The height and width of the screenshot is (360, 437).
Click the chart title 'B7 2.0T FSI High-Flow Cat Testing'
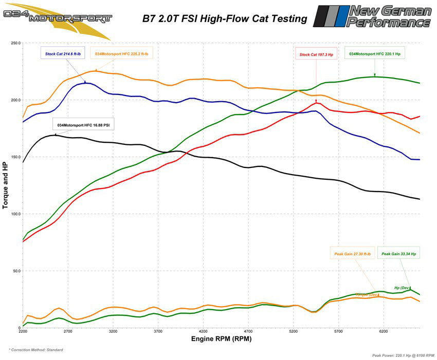(225, 19)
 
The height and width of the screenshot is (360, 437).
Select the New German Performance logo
(372, 16)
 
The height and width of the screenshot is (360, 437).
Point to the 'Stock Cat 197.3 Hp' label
(317, 54)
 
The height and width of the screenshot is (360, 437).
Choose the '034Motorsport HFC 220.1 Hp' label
(374, 53)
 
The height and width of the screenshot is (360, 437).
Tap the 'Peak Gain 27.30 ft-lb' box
(353, 254)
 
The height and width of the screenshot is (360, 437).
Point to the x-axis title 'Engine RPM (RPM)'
(221, 339)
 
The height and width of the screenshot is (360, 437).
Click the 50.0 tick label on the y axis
(15, 271)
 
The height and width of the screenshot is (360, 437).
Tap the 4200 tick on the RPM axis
(203, 332)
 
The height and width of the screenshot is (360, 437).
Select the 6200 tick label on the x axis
(384, 332)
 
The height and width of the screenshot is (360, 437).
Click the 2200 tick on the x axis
(23, 332)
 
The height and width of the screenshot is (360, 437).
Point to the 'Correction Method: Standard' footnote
(36, 350)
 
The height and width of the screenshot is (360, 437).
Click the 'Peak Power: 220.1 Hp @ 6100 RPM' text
(403, 355)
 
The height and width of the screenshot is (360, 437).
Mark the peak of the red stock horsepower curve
(316, 102)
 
